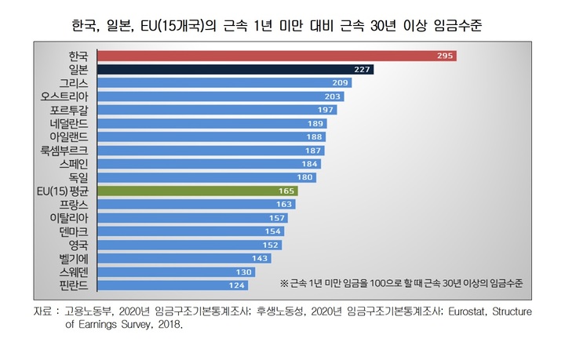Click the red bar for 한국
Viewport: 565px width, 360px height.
point(275,56)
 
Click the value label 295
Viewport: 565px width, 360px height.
point(446,56)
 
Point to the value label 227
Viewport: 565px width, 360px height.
point(363,69)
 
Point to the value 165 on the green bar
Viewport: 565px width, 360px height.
point(288,191)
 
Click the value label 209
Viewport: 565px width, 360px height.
point(341,82)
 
